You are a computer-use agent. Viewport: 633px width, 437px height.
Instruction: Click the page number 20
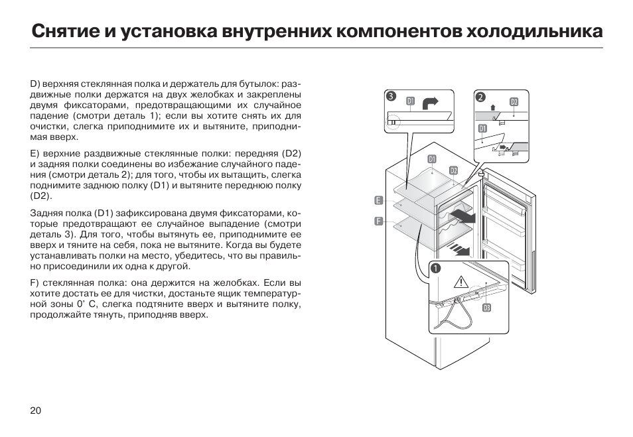(x=36, y=410)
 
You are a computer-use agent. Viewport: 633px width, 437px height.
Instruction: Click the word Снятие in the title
(x=64, y=31)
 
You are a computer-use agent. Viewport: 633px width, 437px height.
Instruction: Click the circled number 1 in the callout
(x=435, y=268)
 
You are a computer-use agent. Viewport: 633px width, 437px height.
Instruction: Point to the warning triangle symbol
(x=461, y=282)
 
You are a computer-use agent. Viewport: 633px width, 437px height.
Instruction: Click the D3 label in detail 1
(x=486, y=308)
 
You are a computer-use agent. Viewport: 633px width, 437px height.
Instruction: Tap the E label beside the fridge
(x=378, y=200)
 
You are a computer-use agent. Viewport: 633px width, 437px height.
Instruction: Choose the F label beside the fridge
(x=378, y=221)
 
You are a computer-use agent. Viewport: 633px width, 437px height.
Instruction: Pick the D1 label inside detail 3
(x=411, y=101)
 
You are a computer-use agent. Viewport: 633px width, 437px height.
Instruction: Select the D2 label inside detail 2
(x=514, y=101)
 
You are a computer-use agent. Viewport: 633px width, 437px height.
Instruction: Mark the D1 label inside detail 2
(x=482, y=128)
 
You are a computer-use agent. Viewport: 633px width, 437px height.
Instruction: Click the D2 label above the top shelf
(x=453, y=170)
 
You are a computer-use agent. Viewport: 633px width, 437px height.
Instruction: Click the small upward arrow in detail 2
(x=492, y=106)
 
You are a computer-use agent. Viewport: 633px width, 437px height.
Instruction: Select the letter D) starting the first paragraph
(x=35, y=85)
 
